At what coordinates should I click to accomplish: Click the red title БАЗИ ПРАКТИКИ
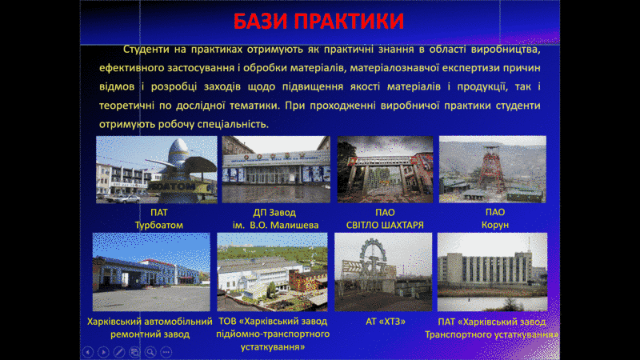click(x=318, y=22)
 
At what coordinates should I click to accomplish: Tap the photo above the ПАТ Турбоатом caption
click(x=156, y=170)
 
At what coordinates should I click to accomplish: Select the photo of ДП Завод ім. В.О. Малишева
click(x=276, y=170)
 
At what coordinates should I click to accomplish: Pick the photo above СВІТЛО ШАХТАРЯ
click(x=385, y=170)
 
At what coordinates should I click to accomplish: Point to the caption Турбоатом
click(x=158, y=225)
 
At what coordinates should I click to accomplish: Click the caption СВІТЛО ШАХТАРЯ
click(x=385, y=225)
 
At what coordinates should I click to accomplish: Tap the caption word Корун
click(x=495, y=225)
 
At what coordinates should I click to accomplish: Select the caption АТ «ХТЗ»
click(x=386, y=322)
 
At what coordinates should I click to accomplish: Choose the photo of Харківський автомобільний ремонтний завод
click(x=151, y=272)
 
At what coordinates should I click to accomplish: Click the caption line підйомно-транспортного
click(x=273, y=334)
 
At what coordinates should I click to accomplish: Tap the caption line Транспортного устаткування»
click(x=491, y=334)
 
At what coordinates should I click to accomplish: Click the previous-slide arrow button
click(x=88, y=352)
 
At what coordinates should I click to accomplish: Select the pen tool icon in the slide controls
click(x=118, y=352)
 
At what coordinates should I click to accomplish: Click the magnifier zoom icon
click(x=150, y=352)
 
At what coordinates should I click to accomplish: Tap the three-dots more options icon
click(x=166, y=352)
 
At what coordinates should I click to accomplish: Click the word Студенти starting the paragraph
click(x=146, y=50)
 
